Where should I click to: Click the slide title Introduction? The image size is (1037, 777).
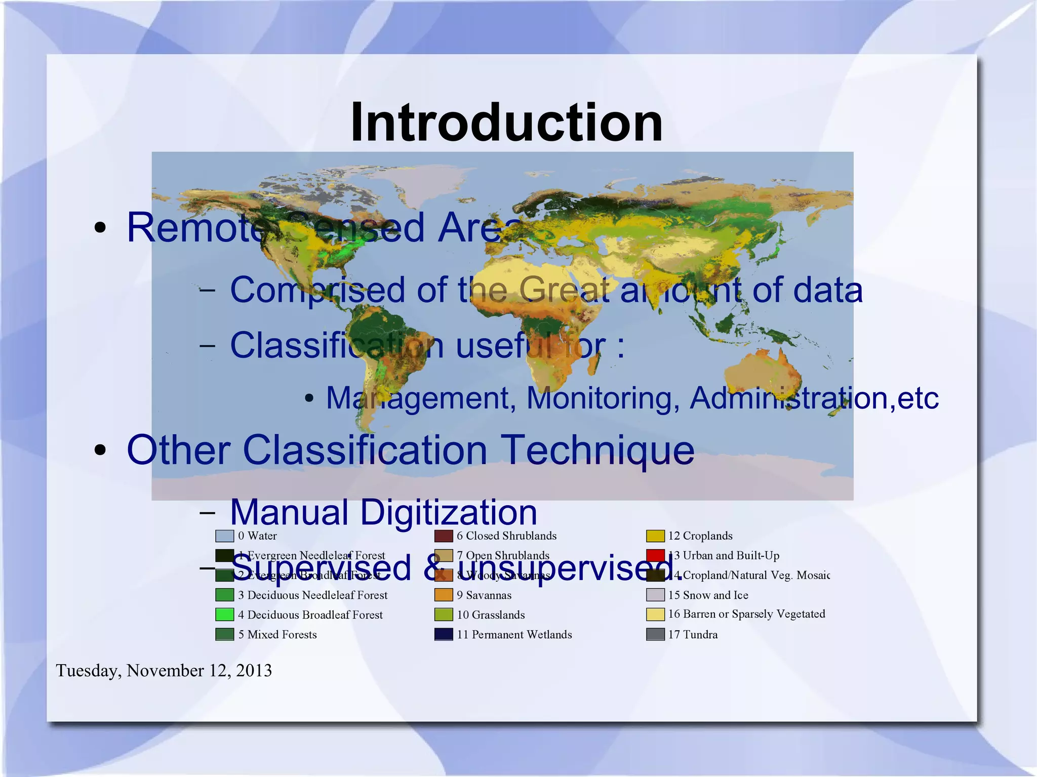pyautogui.click(x=506, y=122)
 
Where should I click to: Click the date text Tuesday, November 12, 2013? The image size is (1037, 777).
pyautogui.click(x=164, y=670)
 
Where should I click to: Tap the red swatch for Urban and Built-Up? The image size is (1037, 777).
pyautogui.click(x=655, y=555)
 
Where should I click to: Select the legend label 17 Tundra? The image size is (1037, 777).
pyautogui.click(x=693, y=634)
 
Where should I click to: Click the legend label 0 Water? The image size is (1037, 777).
pyautogui.click(x=257, y=536)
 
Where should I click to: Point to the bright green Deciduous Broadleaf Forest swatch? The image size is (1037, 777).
pyautogui.click(x=224, y=615)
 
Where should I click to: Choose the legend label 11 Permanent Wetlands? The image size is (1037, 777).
pyautogui.click(x=514, y=634)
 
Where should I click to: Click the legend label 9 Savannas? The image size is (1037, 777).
pyautogui.click(x=484, y=595)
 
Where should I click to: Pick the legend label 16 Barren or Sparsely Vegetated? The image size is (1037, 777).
pyautogui.click(x=746, y=614)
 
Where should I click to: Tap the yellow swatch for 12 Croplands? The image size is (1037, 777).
pyautogui.click(x=655, y=536)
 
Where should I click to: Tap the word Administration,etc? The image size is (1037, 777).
pyautogui.click(x=814, y=398)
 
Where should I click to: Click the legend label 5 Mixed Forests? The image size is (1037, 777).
pyautogui.click(x=277, y=634)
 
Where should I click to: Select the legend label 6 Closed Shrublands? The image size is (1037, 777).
pyautogui.click(x=506, y=536)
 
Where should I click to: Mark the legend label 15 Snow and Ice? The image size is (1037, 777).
pyautogui.click(x=708, y=595)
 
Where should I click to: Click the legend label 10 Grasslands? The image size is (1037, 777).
pyautogui.click(x=491, y=615)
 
